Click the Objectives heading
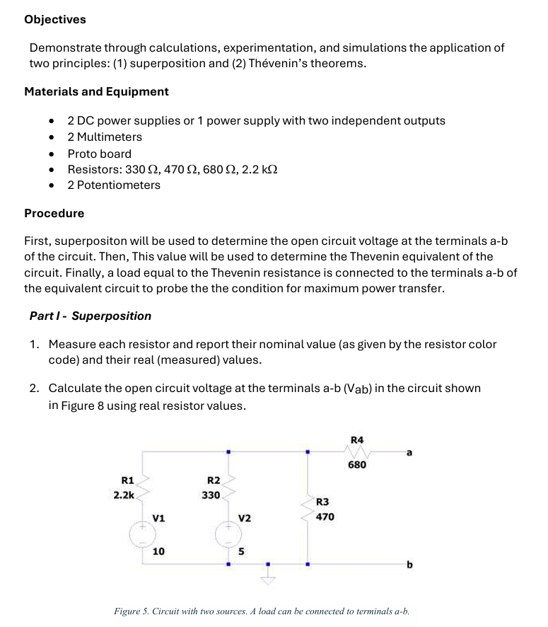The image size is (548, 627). coord(55,20)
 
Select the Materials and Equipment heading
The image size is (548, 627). coord(96,91)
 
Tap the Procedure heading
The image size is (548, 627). coord(54,213)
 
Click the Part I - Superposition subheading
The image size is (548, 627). coord(90,316)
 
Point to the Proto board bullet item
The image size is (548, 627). coord(99,154)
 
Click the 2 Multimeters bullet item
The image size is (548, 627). coord(105,137)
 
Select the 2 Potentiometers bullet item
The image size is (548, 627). coord(114,185)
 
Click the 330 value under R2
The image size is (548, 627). coord(210,495)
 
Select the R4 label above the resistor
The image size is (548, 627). coord(357,439)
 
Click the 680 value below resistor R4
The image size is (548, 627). coord(357,465)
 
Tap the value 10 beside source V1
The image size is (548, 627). coord(158,551)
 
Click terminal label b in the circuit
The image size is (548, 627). coord(409,565)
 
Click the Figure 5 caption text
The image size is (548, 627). coord(262,611)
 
